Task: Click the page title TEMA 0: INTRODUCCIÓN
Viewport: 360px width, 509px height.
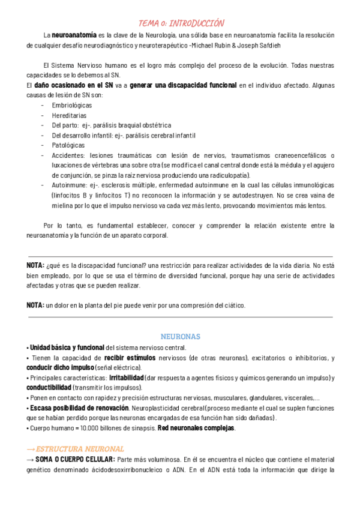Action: pos(181,23)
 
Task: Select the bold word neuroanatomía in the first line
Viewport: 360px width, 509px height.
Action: pos(74,35)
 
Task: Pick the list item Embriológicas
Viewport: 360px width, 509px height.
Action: pos(71,105)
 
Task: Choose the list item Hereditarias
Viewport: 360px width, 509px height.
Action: pos(69,115)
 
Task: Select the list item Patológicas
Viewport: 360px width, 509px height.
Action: pos(68,145)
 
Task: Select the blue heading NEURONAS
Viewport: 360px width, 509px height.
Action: pos(181,337)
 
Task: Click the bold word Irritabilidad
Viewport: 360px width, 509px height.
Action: pos(127,378)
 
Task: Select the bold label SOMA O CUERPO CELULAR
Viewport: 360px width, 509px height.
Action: pos(75,459)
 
